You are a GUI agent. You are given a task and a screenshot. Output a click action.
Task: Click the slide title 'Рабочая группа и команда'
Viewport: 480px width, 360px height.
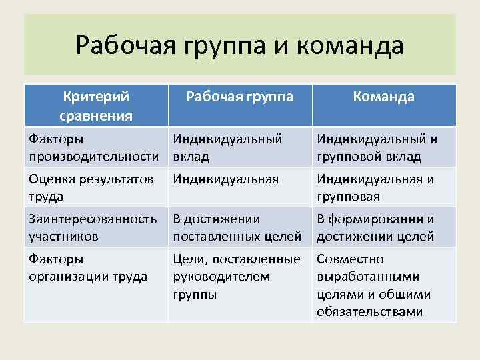point(240,45)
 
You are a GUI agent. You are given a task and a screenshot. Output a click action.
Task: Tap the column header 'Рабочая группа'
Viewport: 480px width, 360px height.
point(239,97)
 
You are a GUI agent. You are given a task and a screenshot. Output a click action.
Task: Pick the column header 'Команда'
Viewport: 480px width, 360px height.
point(384,97)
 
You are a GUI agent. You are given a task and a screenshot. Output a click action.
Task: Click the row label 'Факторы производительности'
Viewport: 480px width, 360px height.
point(94,147)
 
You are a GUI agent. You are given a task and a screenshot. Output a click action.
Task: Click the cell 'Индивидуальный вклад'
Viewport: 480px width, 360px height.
point(227,147)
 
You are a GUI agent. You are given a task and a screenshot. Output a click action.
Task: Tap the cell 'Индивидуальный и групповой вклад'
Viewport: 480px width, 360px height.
point(377,147)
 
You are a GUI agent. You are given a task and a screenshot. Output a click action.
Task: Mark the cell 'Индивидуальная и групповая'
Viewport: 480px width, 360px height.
point(375,187)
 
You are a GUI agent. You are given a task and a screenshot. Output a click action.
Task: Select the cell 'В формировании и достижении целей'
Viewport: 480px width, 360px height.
point(375,227)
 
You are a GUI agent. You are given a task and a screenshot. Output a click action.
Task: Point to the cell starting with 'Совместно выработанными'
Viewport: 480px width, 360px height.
point(374,285)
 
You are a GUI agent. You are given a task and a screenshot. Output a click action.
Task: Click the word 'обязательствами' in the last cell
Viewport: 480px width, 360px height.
point(369,312)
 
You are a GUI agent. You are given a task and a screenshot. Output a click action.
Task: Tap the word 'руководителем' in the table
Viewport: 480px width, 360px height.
point(221,276)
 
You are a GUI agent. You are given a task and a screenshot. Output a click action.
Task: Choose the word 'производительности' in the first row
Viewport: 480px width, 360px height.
point(94,156)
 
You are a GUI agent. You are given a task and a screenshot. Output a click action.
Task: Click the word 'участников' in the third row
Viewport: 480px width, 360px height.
point(64,236)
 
